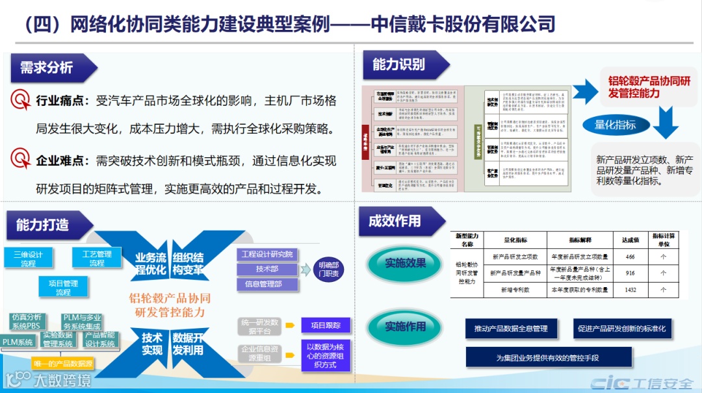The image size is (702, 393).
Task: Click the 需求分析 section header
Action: point(47,68)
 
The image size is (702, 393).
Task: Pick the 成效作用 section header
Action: point(395,221)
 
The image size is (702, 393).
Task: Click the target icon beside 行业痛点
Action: point(21,100)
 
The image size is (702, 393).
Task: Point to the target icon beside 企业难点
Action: point(21,158)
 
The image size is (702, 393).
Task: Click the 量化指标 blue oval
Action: point(615,125)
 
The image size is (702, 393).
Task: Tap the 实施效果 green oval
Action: point(405,264)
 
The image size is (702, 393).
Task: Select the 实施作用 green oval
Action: point(405,325)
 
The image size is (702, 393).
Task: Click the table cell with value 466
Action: point(630,257)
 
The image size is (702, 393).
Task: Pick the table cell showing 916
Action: point(630,273)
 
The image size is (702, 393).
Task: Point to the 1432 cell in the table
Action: point(630,290)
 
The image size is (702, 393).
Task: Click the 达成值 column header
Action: point(630,240)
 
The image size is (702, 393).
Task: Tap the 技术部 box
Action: point(267,269)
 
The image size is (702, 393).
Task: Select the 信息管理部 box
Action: point(267,284)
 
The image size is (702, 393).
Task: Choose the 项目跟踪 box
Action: point(326,325)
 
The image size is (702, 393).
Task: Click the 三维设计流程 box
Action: point(28,259)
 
